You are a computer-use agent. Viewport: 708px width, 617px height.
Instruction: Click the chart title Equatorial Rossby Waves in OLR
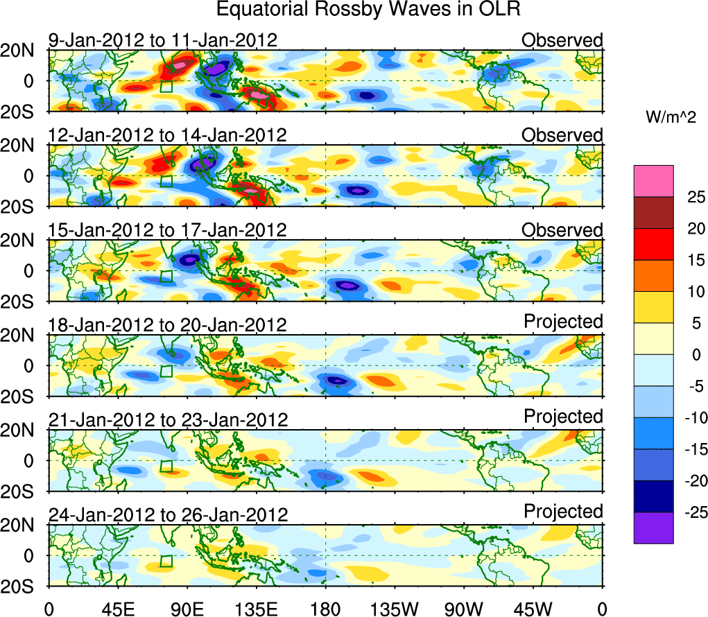tap(368, 10)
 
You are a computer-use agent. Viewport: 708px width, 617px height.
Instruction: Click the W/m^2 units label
tap(670, 118)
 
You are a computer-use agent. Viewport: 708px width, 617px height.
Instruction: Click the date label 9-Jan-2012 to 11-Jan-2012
tap(163, 40)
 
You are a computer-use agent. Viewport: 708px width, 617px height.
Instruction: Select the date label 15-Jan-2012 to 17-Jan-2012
tap(167, 230)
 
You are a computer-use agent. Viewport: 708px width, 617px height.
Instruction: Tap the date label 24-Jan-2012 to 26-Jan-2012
tap(167, 515)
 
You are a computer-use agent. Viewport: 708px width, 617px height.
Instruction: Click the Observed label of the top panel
tap(562, 40)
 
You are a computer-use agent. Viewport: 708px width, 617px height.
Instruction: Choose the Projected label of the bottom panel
tap(563, 512)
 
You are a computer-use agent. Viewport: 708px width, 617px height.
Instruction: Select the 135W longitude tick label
tap(395, 609)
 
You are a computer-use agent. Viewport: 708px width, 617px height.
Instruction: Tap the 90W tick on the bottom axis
tap(464, 609)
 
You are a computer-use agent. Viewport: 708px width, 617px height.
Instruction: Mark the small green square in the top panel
tap(166, 87)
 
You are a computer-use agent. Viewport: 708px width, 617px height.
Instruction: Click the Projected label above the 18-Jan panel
tap(563, 322)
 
